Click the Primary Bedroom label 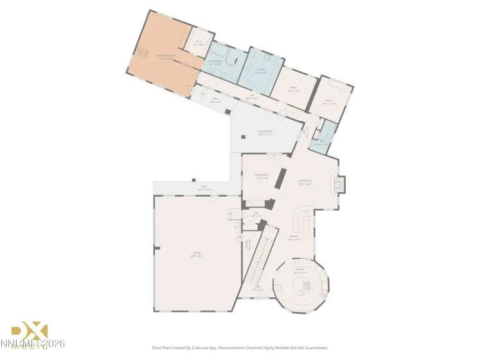pyautogui.click(x=166, y=57)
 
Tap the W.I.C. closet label pyautogui.click(x=199, y=44)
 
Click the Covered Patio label pyautogui.click(x=265, y=133)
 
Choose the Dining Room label pyautogui.click(x=261, y=175)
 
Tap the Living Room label pyautogui.click(x=305, y=181)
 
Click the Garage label pyautogui.click(x=196, y=255)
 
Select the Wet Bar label pyautogui.click(x=294, y=237)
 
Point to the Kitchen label pyautogui.click(x=299, y=271)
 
